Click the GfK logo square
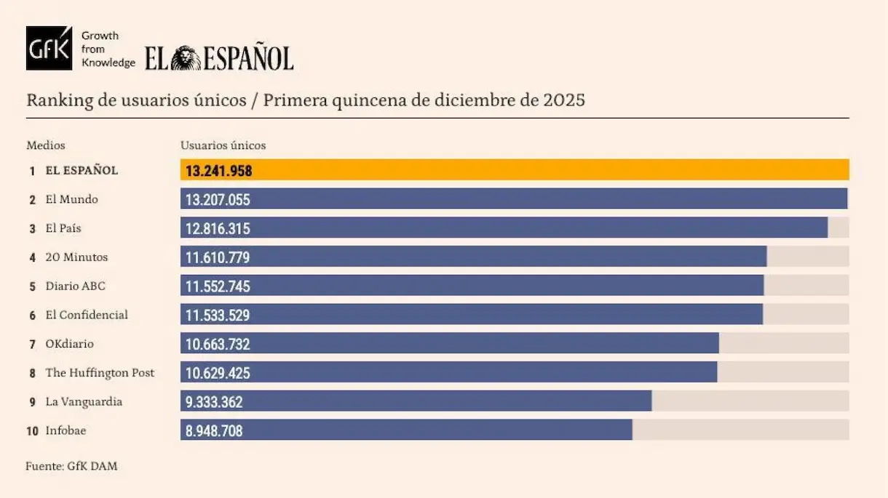click(49, 48)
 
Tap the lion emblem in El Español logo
click(186, 58)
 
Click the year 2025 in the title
click(564, 100)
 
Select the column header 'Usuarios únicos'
click(223, 145)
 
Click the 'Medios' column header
click(46, 145)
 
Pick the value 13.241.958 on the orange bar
click(218, 170)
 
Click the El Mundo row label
click(71, 199)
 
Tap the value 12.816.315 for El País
click(218, 228)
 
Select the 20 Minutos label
click(76, 257)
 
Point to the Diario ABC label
click(75, 286)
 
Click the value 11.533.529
click(218, 315)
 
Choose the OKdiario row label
click(69, 344)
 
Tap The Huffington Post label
click(100, 373)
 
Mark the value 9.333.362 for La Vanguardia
click(214, 402)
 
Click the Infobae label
click(66, 431)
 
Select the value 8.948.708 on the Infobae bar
click(214, 431)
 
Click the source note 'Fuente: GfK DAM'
click(71, 466)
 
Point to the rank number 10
click(32, 431)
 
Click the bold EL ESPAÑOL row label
click(82, 171)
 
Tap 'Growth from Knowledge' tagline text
click(108, 49)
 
